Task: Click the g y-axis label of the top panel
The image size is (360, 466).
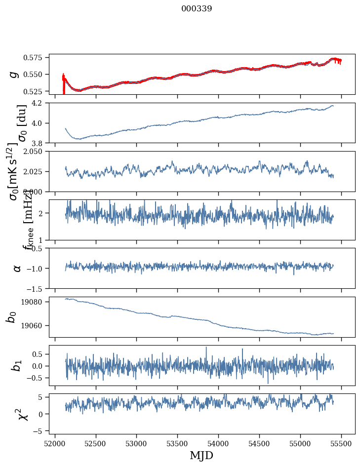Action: [x=13, y=74]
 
